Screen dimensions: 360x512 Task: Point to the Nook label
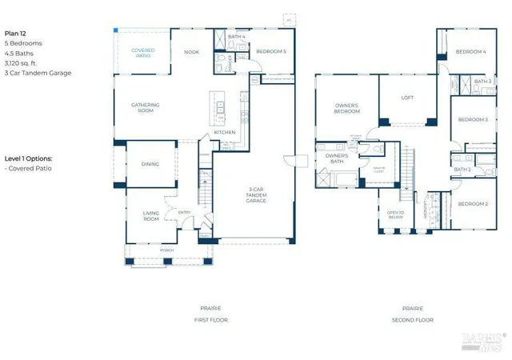tap(191, 52)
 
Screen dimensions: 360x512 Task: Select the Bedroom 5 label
tap(270, 52)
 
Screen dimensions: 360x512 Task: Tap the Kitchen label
tap(224, 133)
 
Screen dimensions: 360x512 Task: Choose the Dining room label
tap(150, 164)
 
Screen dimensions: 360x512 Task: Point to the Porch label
tap(167, 250)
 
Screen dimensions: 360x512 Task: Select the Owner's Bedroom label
tap(346, 107)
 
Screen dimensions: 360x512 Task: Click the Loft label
tap(407, 98)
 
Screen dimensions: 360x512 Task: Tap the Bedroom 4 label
tap(471, 52)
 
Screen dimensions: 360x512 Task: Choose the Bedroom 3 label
tap(473, 119)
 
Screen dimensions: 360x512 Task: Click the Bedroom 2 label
tap(473, 204)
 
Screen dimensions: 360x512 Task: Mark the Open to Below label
tap(395, 214)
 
